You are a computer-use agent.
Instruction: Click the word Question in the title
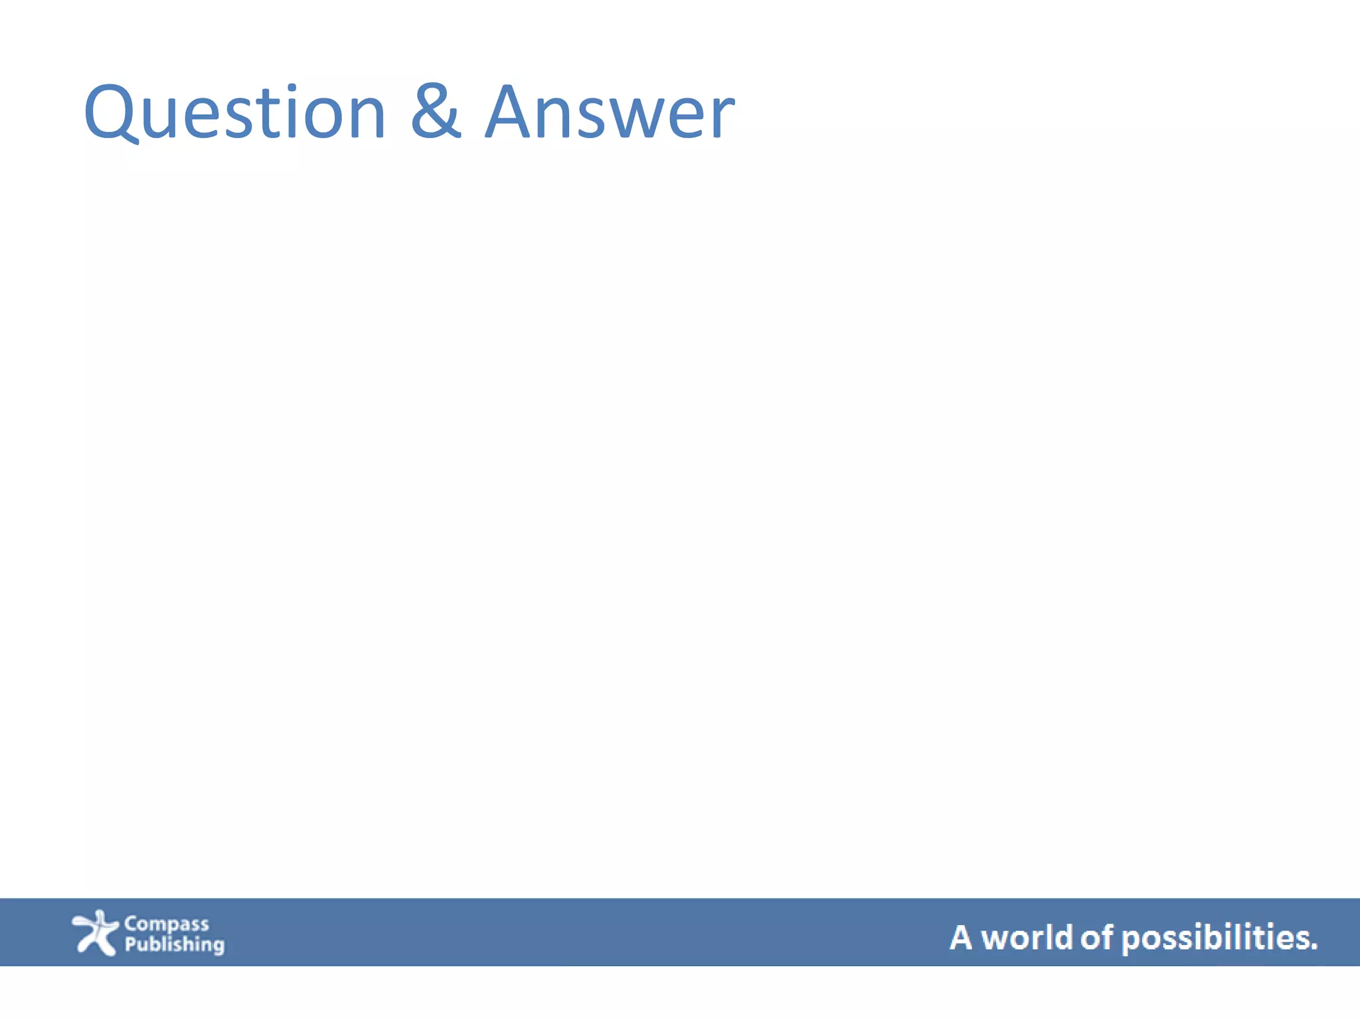(x=234, y=113)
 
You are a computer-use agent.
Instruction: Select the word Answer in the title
(x=610, y=113)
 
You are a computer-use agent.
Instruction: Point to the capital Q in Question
(x=110, y=113)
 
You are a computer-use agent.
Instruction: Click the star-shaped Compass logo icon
(x=95, y=932)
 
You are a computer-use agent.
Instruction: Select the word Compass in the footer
(x=166, y=924)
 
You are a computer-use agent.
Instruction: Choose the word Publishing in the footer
(x=175, y=944)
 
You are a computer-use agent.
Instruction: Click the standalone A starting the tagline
(x=960, y=938)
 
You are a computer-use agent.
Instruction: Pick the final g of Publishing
(x=218, y=946)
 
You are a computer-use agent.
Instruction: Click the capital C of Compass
(x=131, y=924)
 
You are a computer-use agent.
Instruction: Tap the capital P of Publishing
(x=130, y=944)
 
